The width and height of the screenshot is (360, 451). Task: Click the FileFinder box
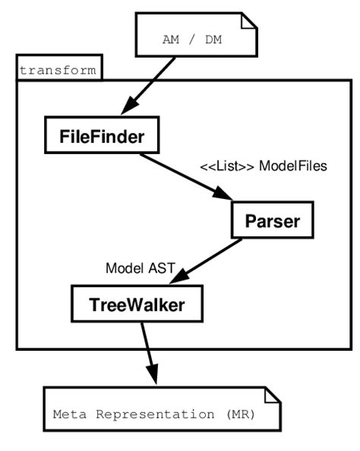(x=102, y=136)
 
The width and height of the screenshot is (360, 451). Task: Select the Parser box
(x=272, y=221)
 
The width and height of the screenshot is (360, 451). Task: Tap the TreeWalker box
(x=137, y=304)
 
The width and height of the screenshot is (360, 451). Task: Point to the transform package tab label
(x=58, y=71)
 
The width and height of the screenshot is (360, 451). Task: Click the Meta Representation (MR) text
(x=153, y=415)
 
